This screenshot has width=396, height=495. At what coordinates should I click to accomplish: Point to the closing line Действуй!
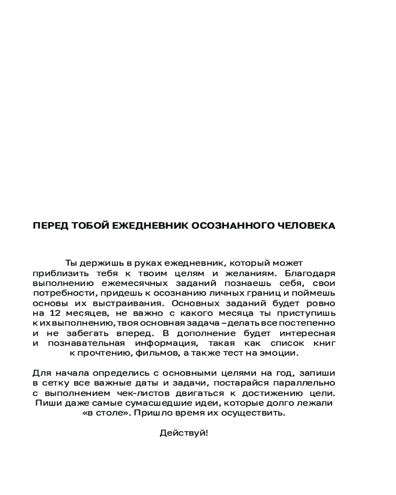(x=184, y=433)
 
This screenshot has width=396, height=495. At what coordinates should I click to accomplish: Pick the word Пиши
(x=46, y=403)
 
